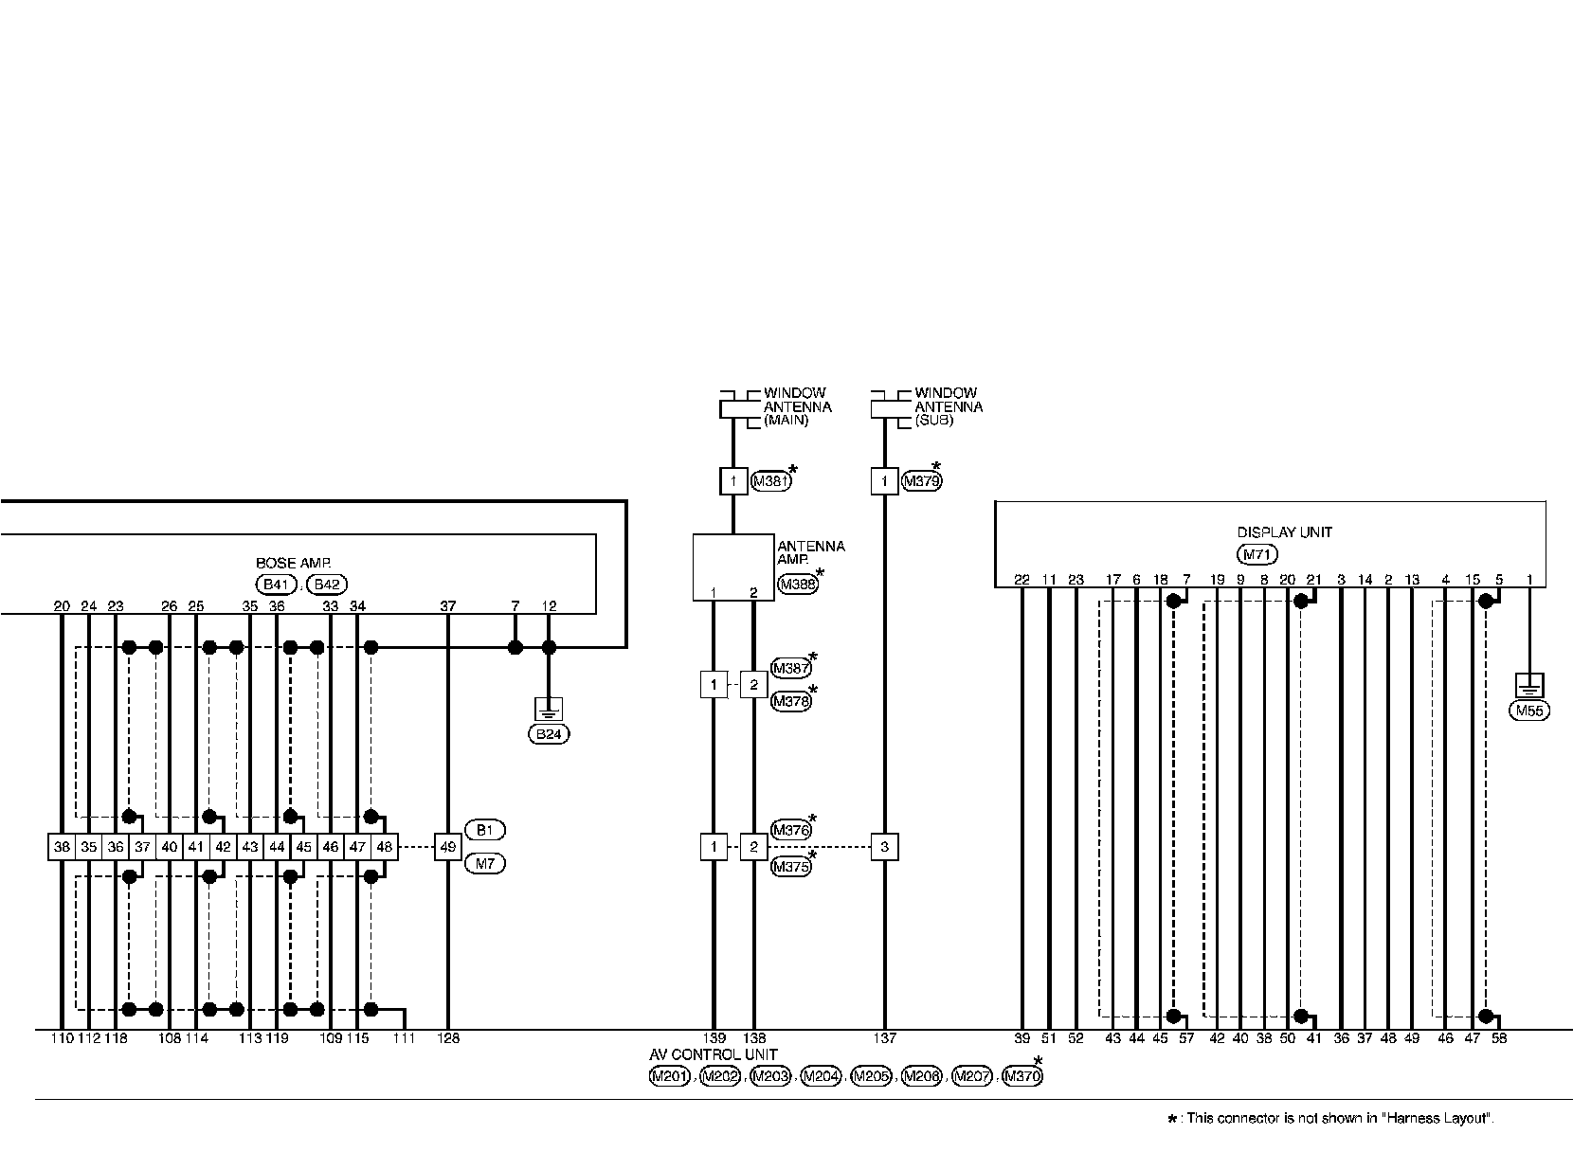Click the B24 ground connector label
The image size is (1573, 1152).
point(549,733)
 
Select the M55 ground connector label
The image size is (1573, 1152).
point(1529,711)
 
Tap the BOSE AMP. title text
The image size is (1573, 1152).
point(294,563)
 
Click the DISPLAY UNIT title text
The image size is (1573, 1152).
point(1284,532)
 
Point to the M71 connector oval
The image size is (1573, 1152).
point(1257,555)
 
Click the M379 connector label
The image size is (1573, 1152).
point(921,481)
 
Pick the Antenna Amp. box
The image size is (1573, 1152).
point(732,567)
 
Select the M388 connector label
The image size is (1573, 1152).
point(796,585)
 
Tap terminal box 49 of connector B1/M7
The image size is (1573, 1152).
point(447,847)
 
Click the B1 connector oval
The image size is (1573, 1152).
point(484,830)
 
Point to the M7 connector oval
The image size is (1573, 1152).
point(484,864)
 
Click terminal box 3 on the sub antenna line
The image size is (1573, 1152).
point(884,847)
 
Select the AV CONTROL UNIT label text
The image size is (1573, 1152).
point(713,1054)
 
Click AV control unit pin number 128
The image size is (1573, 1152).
point(447,1039)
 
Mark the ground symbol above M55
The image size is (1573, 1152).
point(1529,684)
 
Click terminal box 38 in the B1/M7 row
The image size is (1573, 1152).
point(62,847)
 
